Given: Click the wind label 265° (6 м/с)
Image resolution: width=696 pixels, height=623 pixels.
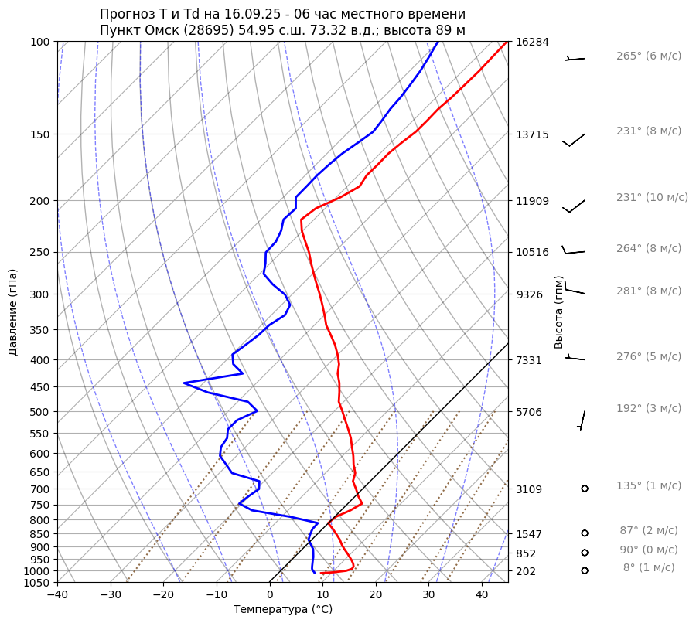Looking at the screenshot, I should point(648,56).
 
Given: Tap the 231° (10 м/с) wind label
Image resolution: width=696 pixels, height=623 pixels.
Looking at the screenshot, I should point(652,197).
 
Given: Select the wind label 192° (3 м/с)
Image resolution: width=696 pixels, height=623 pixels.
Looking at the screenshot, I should point(648,408).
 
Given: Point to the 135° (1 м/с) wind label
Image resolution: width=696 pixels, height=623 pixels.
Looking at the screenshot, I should point(648,485).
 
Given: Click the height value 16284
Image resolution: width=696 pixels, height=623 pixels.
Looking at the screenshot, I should point(532,42).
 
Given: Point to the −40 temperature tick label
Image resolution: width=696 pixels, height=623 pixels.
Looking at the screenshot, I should point(57,595).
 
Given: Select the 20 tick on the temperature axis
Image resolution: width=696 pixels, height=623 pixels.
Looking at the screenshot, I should point(376,595).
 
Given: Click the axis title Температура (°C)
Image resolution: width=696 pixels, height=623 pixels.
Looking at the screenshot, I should point(283,610).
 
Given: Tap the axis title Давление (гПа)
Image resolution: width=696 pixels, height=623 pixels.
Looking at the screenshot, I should point(13,312).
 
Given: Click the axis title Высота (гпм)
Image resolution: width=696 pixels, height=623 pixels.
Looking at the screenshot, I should point(559,312).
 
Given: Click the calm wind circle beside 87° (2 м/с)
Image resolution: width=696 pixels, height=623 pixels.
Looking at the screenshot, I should point(585,533).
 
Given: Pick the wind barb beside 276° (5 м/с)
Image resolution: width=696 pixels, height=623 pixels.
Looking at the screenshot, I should point(575,358).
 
